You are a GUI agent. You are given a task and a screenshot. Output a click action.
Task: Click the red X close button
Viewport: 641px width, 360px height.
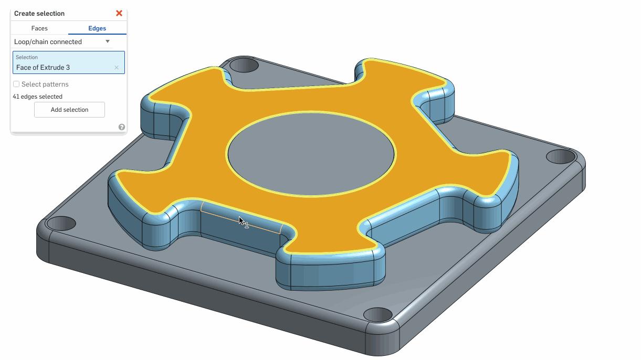coord(119,13)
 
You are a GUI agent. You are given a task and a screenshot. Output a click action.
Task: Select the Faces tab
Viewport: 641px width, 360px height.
coord(39,28)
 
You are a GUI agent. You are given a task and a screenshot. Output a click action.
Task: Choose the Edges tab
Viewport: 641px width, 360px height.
coord(97,28)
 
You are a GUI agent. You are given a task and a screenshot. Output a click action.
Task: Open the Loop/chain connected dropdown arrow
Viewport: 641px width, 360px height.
coord(108,41)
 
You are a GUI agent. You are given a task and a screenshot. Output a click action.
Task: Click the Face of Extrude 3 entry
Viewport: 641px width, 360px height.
coord(43,67)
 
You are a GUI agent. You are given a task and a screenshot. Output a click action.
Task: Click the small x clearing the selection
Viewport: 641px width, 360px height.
coord(117,68)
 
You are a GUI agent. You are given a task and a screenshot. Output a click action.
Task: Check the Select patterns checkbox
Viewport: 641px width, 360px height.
coord(16,84)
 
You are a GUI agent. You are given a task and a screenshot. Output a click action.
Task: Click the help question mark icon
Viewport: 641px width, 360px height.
coord(122,127)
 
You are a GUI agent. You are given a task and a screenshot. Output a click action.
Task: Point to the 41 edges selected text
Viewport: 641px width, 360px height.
coord(37,97)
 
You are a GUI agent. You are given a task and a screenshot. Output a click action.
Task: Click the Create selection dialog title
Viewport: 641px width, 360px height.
coord(39,13)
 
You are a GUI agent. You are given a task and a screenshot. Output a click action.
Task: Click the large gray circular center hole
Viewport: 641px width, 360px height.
coord(311,154)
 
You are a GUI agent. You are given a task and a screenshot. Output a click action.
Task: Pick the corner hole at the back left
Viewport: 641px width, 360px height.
coord(244,66)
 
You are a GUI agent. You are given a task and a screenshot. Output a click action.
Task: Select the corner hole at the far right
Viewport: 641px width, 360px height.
coord(561,156)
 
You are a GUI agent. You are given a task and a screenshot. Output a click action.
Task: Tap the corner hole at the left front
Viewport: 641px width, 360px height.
coord(61,223)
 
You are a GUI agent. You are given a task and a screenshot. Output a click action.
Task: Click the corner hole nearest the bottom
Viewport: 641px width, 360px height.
coord(377,315)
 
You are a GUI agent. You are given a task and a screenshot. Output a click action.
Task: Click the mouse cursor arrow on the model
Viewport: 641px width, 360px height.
coord(240,220)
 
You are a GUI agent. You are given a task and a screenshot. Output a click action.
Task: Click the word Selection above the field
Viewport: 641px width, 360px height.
coord(27,57)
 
